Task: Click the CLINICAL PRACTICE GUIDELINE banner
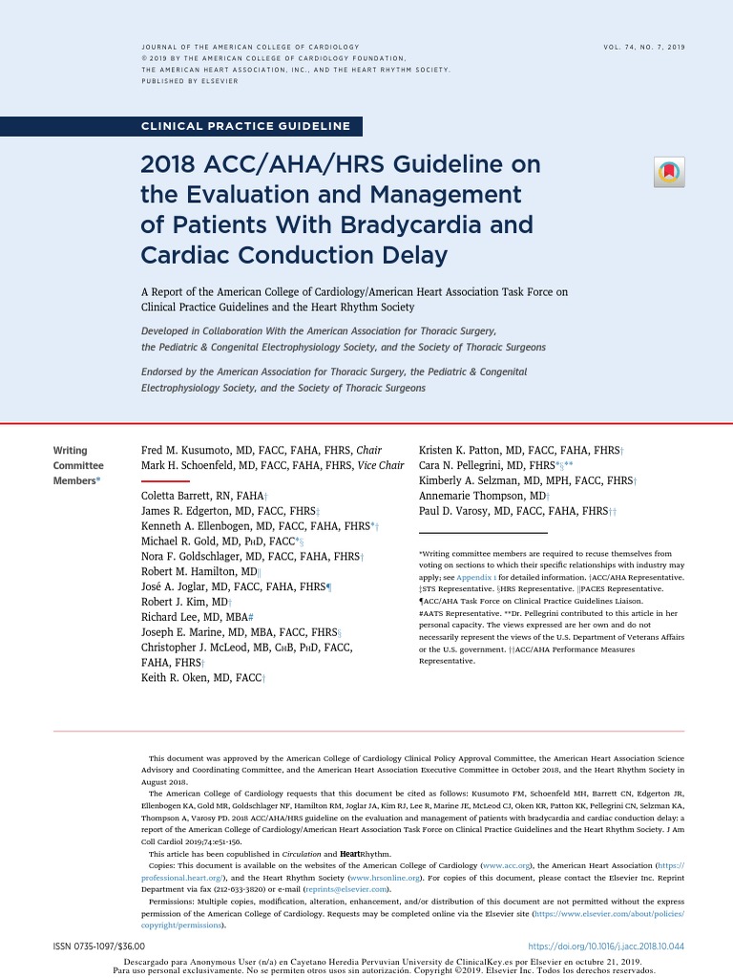point(245,126)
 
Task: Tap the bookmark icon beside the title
point(669,172)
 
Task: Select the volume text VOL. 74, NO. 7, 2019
point(644,47)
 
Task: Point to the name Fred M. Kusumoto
point(190,450)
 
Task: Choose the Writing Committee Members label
point(77,465)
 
